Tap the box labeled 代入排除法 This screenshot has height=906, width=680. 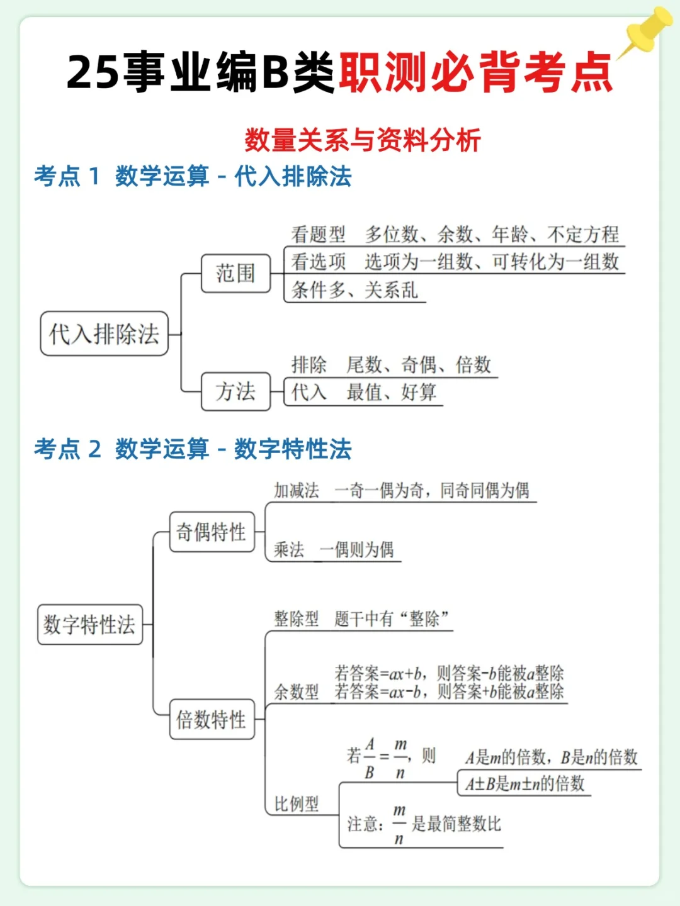click(x=105, y=334)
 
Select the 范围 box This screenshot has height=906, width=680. click(x=235, y=274)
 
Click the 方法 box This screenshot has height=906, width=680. click(x=235, y=391)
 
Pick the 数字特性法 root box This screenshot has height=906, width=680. click(x=89, y=625)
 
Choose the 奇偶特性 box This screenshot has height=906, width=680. click(x=212, y=532)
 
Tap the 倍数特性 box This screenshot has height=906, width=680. click(x=212, y=719)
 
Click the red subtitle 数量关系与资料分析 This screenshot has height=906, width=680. click(x=363, y=140)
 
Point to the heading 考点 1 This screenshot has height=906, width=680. click(x=67, y=177)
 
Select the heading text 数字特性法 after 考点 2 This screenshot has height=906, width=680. click(x=293, y=449)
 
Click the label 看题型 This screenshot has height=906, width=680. click(x=319, y=235)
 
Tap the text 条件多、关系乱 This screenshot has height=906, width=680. click(x=354, y=290)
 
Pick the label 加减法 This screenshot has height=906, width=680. click(x=297, y=490)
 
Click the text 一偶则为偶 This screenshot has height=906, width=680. click(x=357, y=550)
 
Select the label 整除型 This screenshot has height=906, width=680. click(x=297, y=618)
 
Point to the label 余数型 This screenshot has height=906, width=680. click(x=297, y=692)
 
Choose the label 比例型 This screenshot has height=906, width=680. click(x=297, y=803)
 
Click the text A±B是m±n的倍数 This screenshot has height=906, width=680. click(x=525, y=784)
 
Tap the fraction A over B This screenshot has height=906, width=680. click(x=370, y=758)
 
